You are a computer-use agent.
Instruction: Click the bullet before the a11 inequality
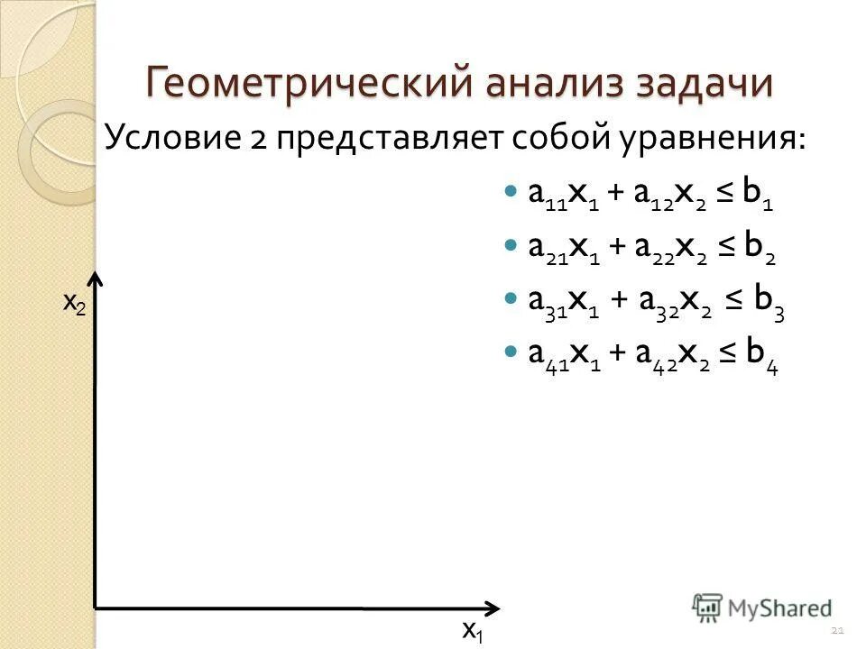[511, 193]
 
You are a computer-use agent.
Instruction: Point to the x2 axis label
[75, 304]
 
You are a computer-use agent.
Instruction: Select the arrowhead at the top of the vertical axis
[97, 280]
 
